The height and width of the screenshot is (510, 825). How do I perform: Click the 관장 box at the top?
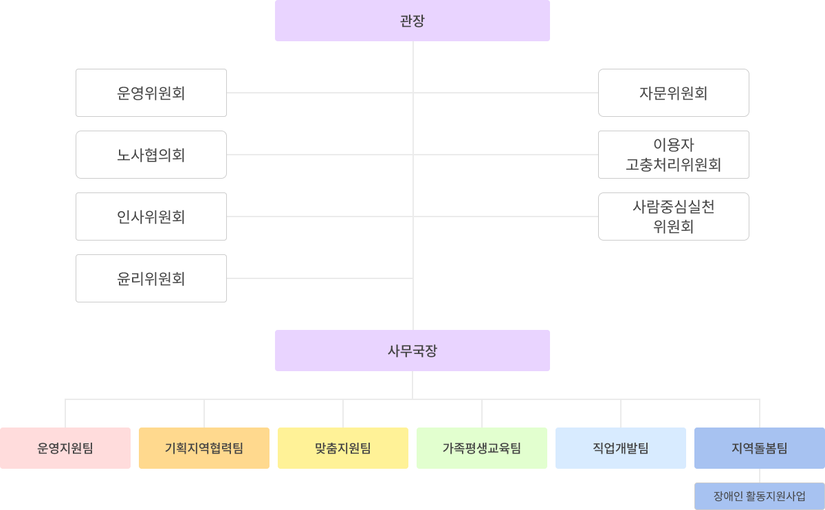412,21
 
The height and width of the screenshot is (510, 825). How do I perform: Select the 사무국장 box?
412,351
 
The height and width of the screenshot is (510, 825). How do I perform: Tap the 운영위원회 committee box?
151,93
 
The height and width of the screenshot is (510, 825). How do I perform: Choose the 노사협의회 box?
151,155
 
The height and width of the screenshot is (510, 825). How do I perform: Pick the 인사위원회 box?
151,217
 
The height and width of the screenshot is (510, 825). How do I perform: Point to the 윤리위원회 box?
151,278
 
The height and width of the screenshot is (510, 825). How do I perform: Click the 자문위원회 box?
674,93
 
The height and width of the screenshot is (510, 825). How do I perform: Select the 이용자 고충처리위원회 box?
674,155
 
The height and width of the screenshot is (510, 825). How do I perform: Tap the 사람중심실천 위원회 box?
674,217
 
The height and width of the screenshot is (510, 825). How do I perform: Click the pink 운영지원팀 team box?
65,448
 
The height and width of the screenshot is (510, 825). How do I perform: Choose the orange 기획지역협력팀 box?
204,448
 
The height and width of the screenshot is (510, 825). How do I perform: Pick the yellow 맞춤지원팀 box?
343,448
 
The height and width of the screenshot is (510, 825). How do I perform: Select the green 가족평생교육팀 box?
482,448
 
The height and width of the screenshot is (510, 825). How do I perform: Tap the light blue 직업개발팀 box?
621,448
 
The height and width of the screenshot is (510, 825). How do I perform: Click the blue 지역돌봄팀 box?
760,448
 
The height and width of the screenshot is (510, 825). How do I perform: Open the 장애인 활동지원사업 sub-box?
760,496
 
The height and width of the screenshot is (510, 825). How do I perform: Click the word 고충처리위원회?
674,165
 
